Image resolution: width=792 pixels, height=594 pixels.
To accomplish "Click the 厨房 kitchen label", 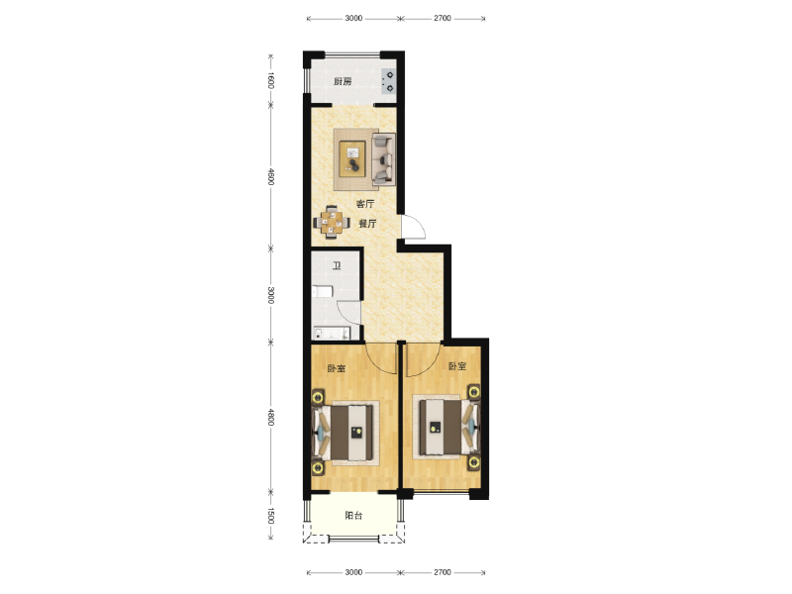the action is point(343,82).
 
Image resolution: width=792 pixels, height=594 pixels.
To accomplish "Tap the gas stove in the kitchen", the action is point(388,81).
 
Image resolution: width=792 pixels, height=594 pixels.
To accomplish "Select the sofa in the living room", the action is point(383,159).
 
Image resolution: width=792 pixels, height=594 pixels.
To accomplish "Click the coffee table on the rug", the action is point(352,159).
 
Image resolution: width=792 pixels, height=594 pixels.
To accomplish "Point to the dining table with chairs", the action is point(332,222).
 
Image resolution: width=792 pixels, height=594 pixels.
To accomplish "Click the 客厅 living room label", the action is point(365,204).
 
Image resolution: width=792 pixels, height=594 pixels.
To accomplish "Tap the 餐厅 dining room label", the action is point(367,224).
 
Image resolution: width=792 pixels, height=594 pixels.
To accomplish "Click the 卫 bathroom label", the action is point(337,265).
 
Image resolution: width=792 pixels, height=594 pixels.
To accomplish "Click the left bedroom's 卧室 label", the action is point(337,368).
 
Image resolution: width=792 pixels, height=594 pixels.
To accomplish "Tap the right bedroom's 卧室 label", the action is point(457,366).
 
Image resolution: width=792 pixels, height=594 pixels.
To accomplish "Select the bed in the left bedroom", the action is point(346,433).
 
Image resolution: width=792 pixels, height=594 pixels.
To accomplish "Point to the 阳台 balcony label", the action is point(353,516).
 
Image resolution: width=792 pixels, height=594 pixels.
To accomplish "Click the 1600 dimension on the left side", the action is point(270,80).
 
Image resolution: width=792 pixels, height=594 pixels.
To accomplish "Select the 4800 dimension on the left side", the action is point(270,417).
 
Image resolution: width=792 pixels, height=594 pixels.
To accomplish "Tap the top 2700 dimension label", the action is point(442,18).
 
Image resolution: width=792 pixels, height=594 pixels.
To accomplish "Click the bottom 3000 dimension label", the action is point(353,572).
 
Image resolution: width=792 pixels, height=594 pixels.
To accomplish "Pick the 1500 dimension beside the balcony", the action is point(270,516).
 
